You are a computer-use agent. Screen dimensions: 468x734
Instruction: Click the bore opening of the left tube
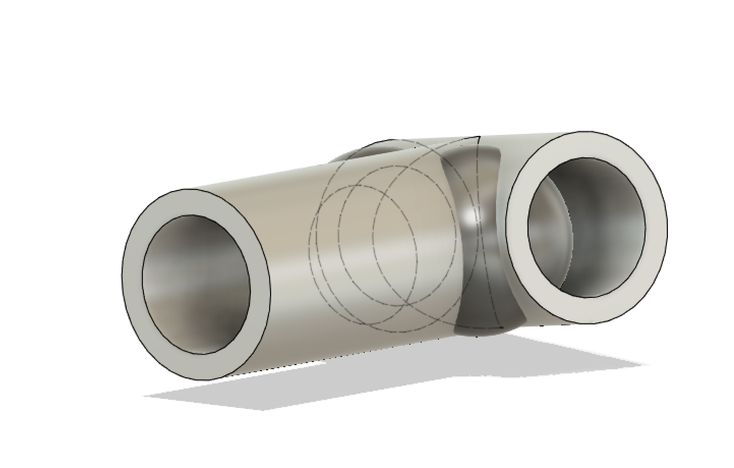(196, 283)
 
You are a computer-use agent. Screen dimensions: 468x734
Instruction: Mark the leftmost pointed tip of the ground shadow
(145, 395)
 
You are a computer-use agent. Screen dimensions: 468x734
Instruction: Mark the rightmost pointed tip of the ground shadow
(649, 365)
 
